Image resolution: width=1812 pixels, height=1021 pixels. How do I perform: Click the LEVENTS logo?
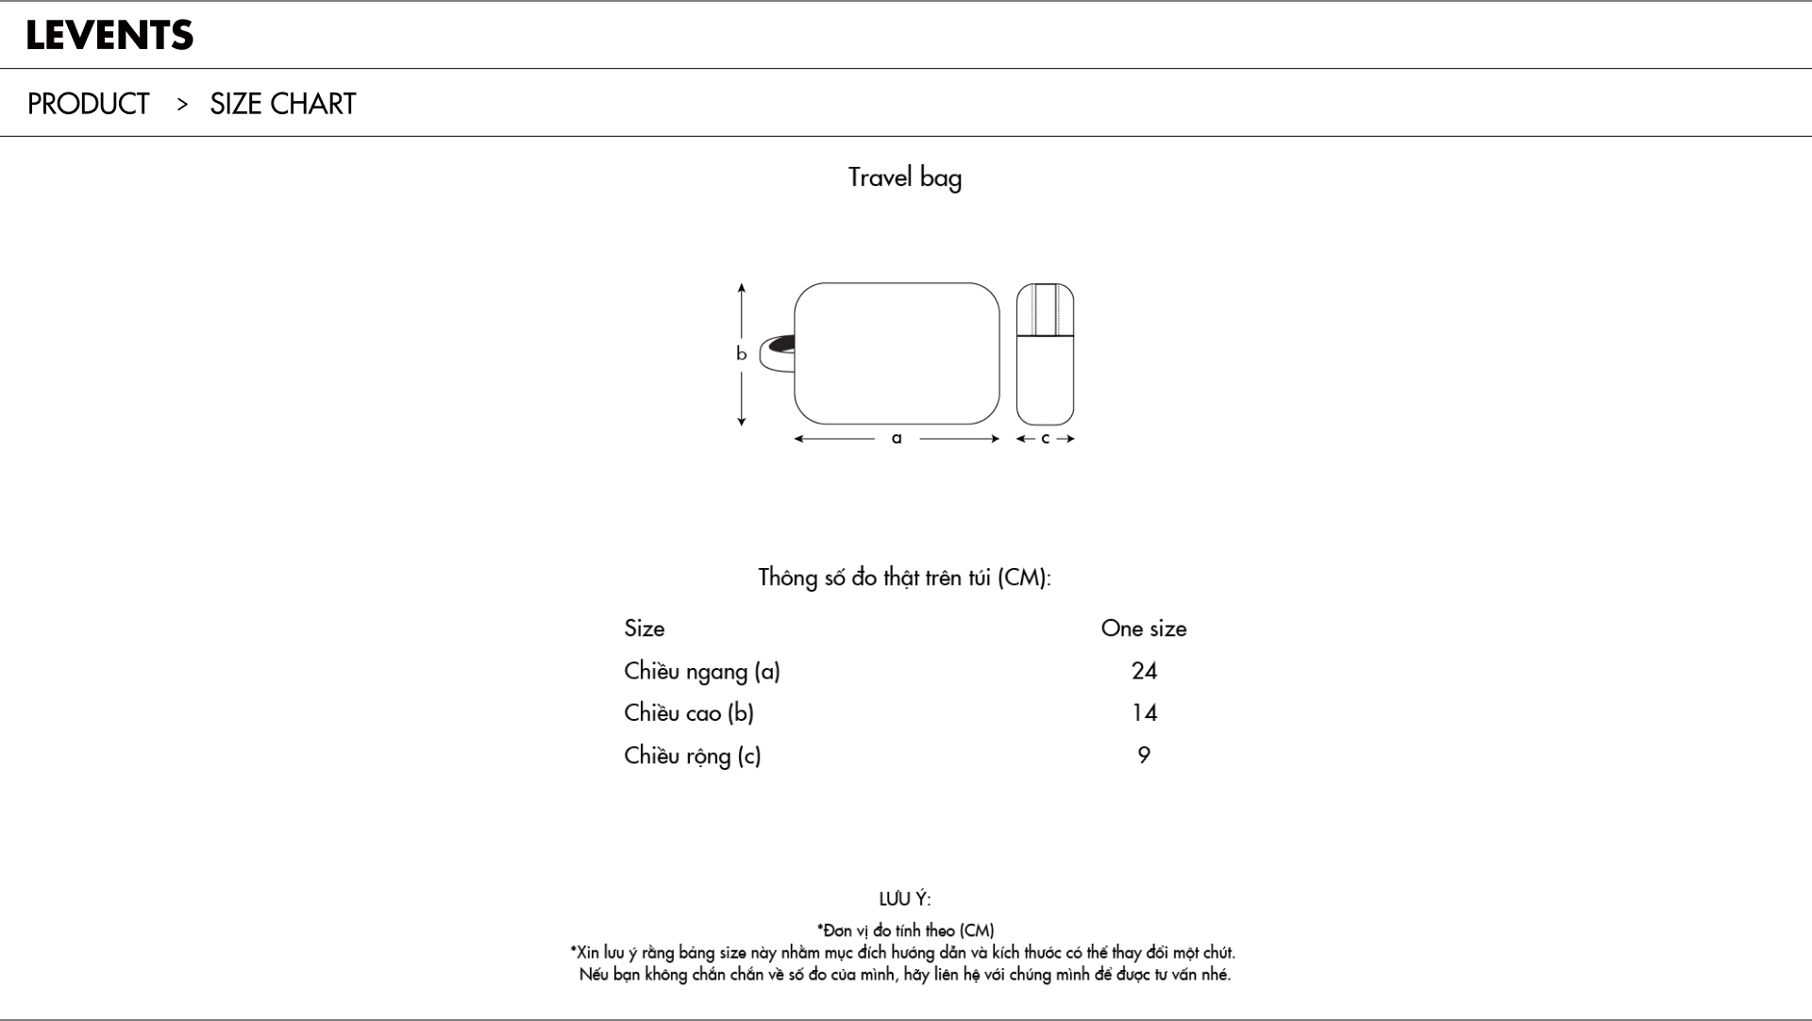tap(109, 36)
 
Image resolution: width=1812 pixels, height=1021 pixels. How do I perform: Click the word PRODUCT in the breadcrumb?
tap(89, 104)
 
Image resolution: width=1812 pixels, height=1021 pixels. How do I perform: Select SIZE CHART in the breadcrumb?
tap(283, 104)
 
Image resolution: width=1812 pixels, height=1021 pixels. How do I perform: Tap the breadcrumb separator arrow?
tap(182, 104)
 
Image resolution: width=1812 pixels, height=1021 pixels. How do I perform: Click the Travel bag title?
tap(905, 177)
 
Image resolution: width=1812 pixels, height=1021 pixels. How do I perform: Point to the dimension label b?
tap(741, 354)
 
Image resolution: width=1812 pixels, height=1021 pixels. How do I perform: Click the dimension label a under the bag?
tap(897, 438)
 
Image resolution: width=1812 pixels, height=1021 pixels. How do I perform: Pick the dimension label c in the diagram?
tap(1045, 438)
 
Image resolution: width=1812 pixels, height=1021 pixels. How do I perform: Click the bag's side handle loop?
tap(777, 353)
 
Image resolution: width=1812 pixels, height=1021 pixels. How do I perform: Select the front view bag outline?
tap(897, 354)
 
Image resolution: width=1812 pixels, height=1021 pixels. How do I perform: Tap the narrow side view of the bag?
tap(1045, 354)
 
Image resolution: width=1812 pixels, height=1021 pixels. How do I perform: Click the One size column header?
tap(1144, 628)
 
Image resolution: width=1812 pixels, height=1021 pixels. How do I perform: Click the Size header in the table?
tap(645, 628)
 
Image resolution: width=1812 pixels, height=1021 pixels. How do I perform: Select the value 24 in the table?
tap(1144, 671)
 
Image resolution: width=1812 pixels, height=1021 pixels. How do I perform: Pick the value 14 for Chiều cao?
tap(1144, 712)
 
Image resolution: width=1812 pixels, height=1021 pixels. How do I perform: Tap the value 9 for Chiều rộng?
tap(1144, 755)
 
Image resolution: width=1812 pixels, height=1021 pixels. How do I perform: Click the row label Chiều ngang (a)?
tap(702, 671)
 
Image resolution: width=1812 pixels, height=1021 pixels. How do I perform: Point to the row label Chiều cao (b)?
tap(689, 712)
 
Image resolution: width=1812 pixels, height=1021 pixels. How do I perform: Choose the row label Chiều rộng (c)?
tap(693, 755)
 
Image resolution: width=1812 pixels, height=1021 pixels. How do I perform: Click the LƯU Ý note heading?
tap(905, 899)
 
